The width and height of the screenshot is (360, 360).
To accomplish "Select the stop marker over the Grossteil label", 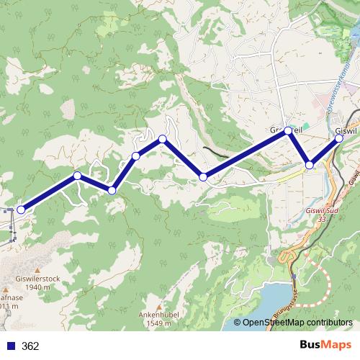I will [288, 130].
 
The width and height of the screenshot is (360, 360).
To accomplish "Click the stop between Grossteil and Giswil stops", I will [310, 165].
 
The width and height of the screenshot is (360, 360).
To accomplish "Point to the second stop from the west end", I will [77, 176].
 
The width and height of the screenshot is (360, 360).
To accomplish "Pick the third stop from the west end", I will [112, 190].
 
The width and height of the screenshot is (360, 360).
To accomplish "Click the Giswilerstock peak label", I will [36, 276].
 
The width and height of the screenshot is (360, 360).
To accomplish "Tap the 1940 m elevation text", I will [36, 286].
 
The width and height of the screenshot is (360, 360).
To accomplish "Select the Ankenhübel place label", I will [160, 315].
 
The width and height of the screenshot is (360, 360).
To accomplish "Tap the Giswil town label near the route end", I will [348, 130].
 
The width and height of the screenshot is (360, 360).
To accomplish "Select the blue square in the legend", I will [10, 346].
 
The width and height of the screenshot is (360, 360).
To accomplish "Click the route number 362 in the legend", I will [30, 346].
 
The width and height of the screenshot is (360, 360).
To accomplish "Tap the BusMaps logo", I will [325, 346].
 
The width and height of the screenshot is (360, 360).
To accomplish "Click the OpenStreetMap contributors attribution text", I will [297, 323].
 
